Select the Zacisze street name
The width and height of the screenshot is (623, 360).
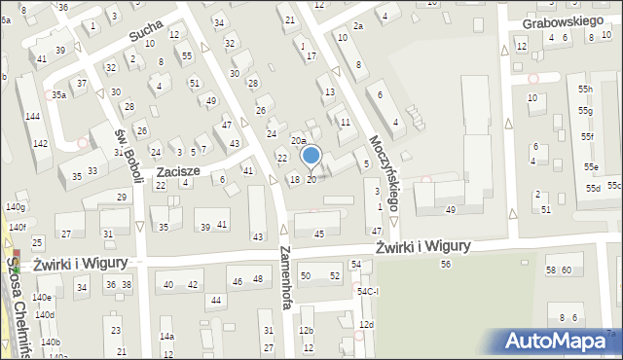[178, 170]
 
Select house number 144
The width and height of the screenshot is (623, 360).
[32, 116]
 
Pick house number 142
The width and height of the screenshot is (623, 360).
[40, 143]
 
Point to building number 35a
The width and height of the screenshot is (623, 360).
[59, 94]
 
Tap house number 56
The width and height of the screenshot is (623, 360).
[446, 264]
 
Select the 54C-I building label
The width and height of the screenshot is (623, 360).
[367, 291]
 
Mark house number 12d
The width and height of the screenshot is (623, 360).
[366, 324]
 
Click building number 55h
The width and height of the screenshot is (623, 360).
[585, 90]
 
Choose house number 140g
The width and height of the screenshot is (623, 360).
[15, 207]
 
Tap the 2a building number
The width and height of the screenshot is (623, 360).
[358, 25]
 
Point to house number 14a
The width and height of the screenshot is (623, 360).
[166, 337]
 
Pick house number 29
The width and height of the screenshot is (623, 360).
[121, 197]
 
